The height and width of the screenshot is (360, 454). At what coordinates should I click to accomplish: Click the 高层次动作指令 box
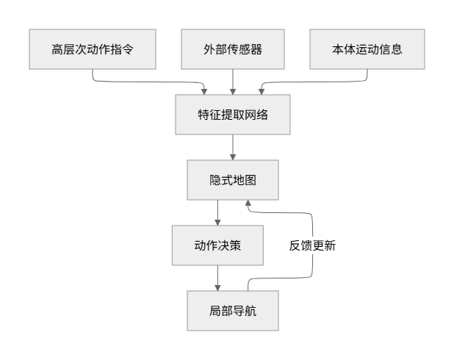point(93,50)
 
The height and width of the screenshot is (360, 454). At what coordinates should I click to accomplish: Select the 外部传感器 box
point(233,50)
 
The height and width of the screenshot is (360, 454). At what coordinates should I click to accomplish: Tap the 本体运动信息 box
point(367,50)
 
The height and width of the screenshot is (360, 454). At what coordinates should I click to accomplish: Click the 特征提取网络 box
point(233,115)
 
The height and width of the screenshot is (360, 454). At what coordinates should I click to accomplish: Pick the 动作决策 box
point(217,245)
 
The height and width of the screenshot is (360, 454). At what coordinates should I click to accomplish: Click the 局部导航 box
point(233,311)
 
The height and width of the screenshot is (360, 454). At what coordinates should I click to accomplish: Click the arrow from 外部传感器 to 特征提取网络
point(233,83)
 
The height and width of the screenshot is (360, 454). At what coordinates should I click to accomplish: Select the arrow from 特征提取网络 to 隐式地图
point(233,148)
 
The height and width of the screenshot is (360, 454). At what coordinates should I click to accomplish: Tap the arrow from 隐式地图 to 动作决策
point(217,213)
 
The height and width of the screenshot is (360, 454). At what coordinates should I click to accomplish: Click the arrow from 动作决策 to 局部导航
point(217,278)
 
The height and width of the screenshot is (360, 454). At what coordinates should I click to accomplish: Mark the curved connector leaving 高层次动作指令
point(147,82)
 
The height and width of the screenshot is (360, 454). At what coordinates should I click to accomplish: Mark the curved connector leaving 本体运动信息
point(316,82)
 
